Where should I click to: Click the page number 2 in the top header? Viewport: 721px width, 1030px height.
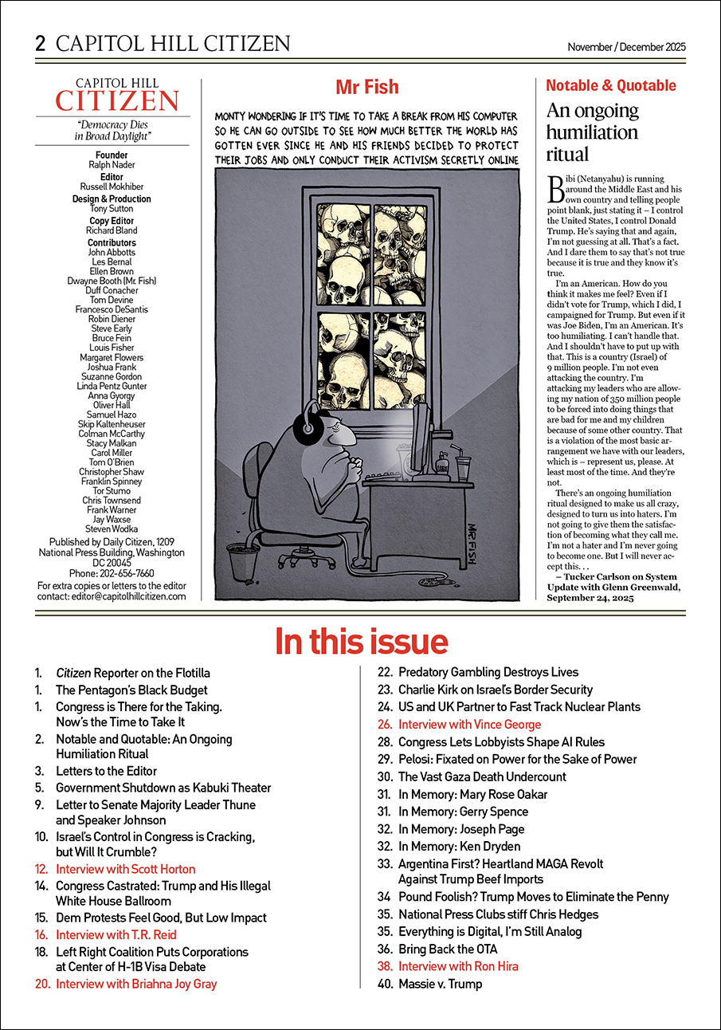pyautogui.click(x=41, y=43)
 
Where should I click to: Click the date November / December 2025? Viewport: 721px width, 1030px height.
pyautogui.click(x=626, y=47)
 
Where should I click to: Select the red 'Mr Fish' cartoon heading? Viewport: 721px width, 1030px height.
pyautogui.click(x=366, y=86)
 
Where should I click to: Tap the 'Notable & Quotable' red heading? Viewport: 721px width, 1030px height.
pyautogui.click(x=610, y=85)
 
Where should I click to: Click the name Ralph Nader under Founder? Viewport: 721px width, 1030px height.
pyautogui.click(x=112, y=165)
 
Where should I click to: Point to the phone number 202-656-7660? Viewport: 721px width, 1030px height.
pyautogui.click(x=112, y=573)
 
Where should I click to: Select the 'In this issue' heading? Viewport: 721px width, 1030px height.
pyautogui.click(x=361, y=641)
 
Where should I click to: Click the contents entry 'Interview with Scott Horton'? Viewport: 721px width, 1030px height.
pyautogui.click(x=125, y=869)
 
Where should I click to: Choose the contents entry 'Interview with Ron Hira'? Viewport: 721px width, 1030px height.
pyautogui.click(x=458, y=966)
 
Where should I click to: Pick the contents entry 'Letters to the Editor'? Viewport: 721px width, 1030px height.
pyautogui.click(x=106, y=771)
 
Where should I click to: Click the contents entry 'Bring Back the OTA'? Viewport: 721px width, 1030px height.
pyautogui.click(x=447, y=949)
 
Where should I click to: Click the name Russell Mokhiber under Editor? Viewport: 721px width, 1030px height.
pyautogui.click(x=112, y=187)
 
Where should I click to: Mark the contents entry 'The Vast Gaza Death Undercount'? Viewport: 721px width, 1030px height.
pyautogui.click(x=482, y=776)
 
